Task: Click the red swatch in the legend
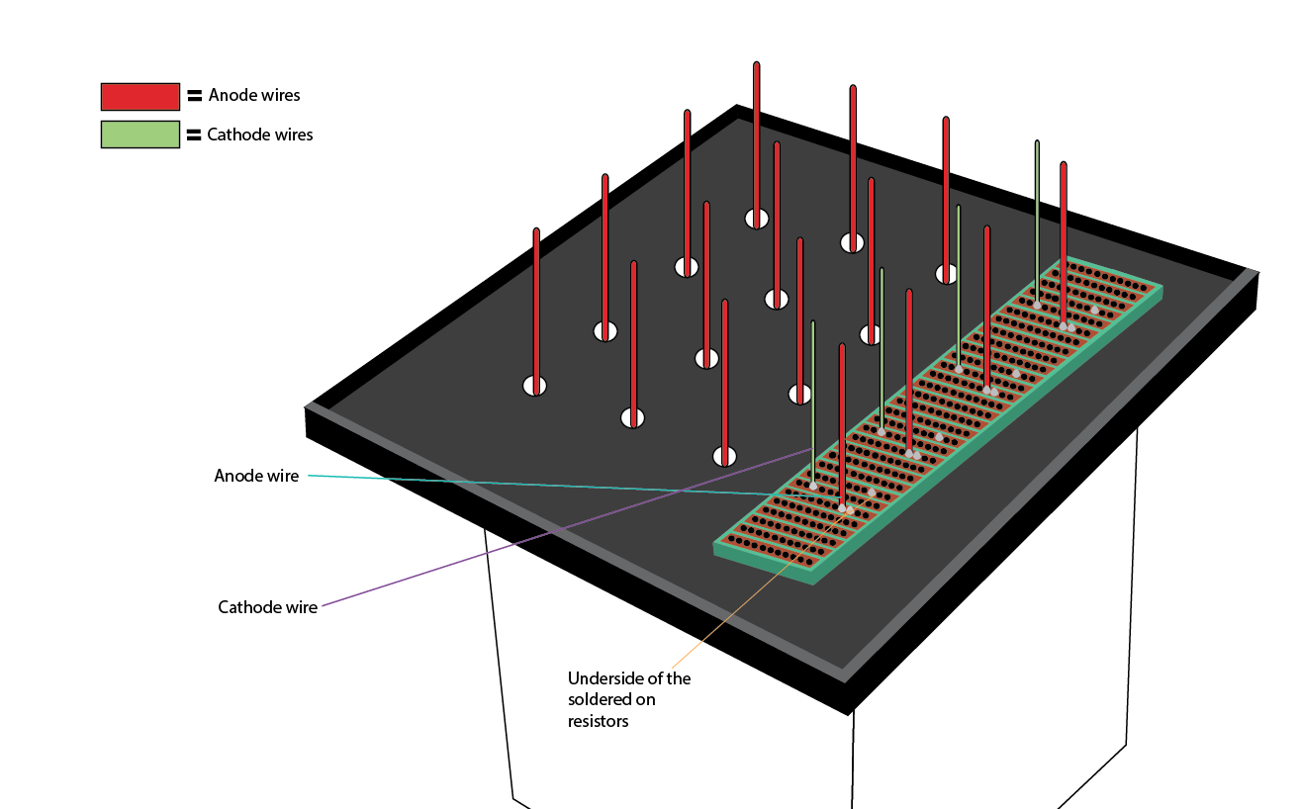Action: (x=139, y=96)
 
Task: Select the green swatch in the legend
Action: (x=139, y=135)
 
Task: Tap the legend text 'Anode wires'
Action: (x=254, y=96)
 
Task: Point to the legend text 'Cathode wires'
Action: (x=260, y=135)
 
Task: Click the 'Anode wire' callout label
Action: (x=256, y=476)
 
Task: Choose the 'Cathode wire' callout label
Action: (x=267, y=607)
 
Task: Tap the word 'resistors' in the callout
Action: (x=598, y=721)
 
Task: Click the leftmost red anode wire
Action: (x=536, y=307)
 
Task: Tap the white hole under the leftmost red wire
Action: (x=534, y=386)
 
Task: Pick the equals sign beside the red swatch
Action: (x=194, y=96)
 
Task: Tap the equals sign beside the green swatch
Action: (x=194, y=135)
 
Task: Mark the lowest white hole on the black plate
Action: (x=725, y=456)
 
